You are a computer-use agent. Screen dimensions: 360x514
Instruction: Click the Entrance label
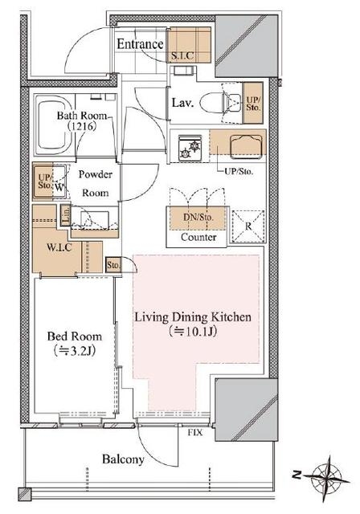tap(140, 44)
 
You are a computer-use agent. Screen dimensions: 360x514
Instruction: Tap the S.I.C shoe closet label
tap(182, 55)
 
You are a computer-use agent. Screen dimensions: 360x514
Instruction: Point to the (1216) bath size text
tap(81, 126)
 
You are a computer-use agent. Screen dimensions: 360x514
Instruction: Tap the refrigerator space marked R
tap(248, 226)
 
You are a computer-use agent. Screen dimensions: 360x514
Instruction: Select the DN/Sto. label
tap(198, 217)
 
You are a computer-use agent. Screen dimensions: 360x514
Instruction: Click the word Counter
tap(198, 237)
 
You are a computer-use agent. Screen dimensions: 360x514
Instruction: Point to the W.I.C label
tap(59, 247)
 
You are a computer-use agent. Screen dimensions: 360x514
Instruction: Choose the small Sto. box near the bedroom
tap(113, 265)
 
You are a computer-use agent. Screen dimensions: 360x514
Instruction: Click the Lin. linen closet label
tap(66, 215)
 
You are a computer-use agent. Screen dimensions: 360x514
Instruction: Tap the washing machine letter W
tap(59, 188)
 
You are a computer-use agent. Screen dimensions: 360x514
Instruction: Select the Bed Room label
tap(75, 337)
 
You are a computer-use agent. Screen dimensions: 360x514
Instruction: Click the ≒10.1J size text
tap(193, 332)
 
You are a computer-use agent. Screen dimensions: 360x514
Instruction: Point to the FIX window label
tap(195, 433)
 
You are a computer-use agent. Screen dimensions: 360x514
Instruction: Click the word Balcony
tap(123, 459)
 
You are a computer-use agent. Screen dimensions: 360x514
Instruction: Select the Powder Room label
tap(95, 183)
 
